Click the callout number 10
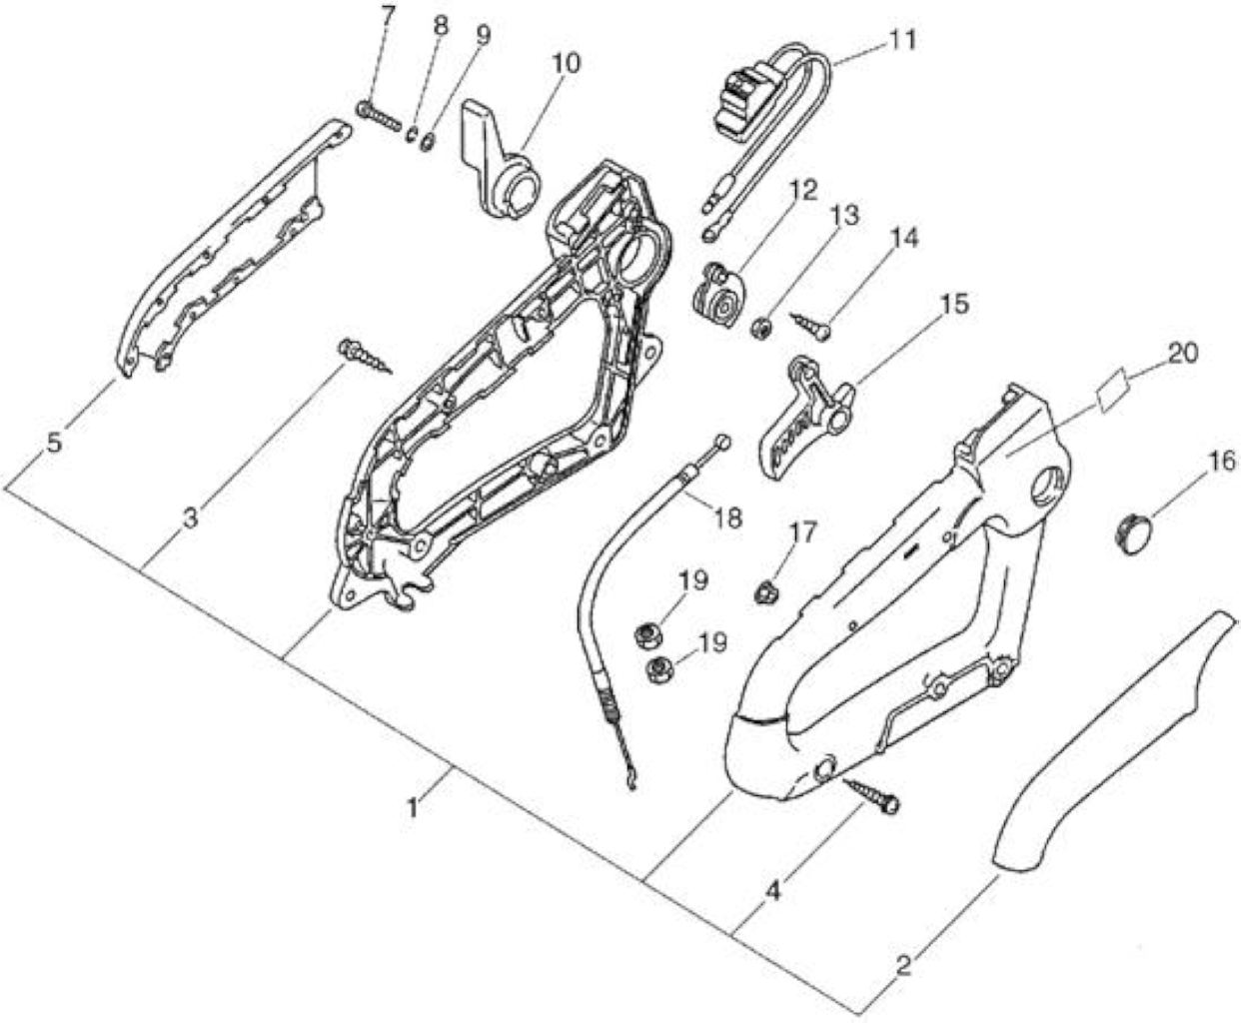(567, 64)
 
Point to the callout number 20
(1182, 354)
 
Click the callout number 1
(414, 808)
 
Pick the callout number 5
(55, 443)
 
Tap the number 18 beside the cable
(728, 517)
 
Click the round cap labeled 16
(1133, 533)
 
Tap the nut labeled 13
(761, 328)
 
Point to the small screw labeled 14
(810, 326)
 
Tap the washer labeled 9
(428, 143)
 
